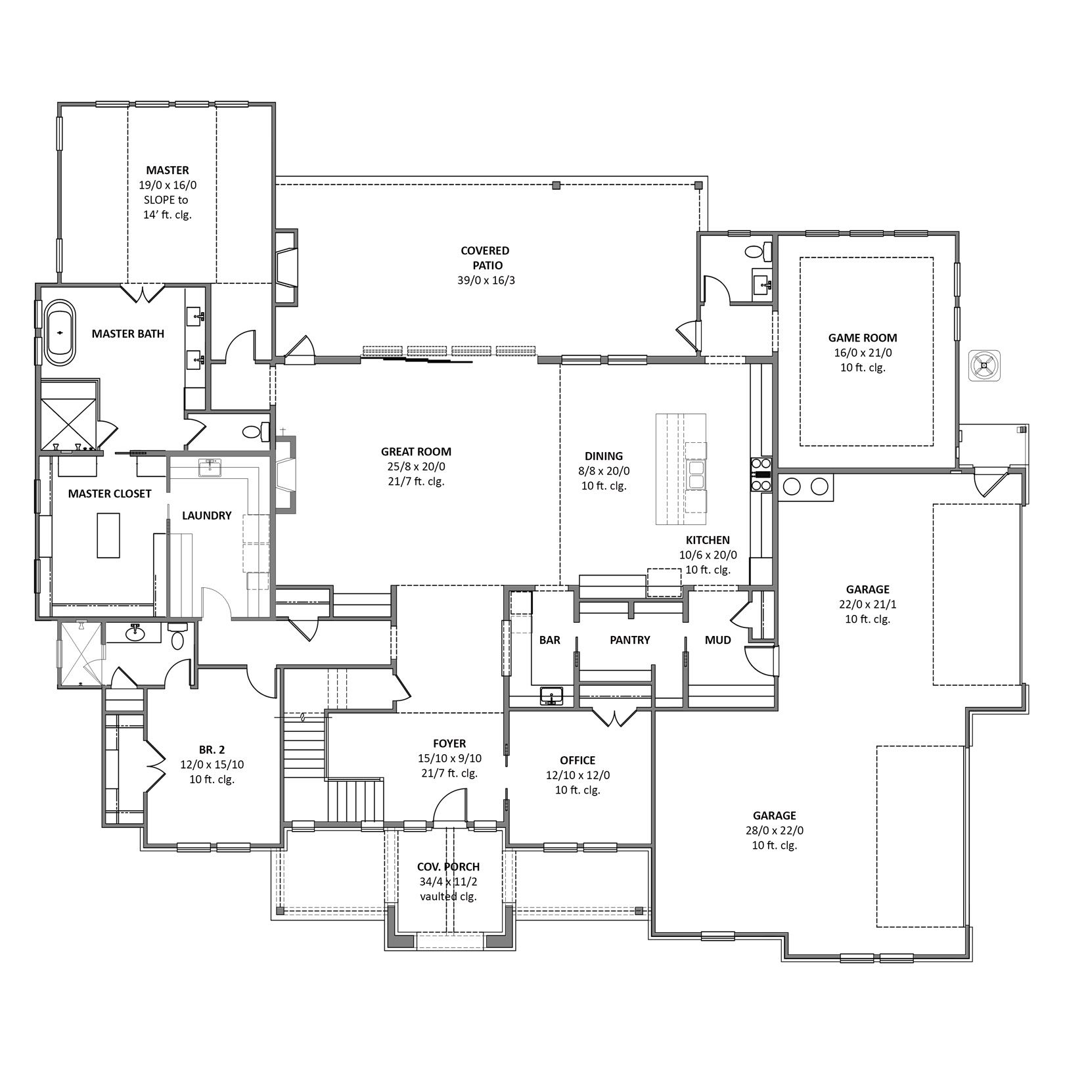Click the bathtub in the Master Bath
[59, 333]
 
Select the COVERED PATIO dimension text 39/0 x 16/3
[486, 281]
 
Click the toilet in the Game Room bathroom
[756, 250]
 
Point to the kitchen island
[681, 468]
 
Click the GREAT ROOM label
[416, 452]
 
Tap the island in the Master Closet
[109, 535]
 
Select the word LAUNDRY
[207, 516]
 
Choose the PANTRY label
[629, 640]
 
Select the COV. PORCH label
[449, 867]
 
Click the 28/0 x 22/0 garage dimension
[775, 830]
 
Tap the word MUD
[717, 640]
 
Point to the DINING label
[604, 456]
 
